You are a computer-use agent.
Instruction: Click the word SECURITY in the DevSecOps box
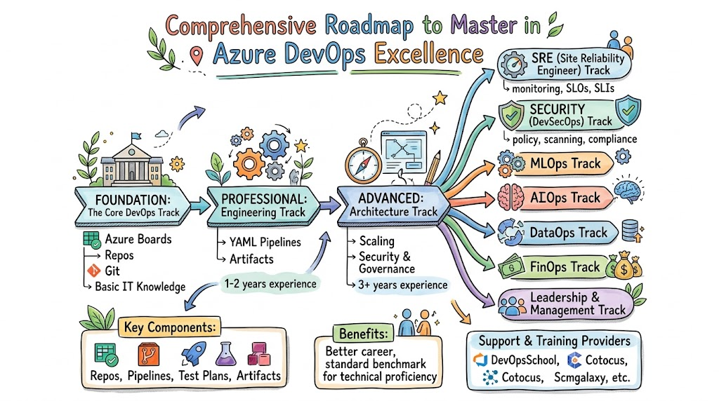(558, 109)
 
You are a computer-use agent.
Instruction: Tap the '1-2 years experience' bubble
(270, 284)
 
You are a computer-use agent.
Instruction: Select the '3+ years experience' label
(402, 285)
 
